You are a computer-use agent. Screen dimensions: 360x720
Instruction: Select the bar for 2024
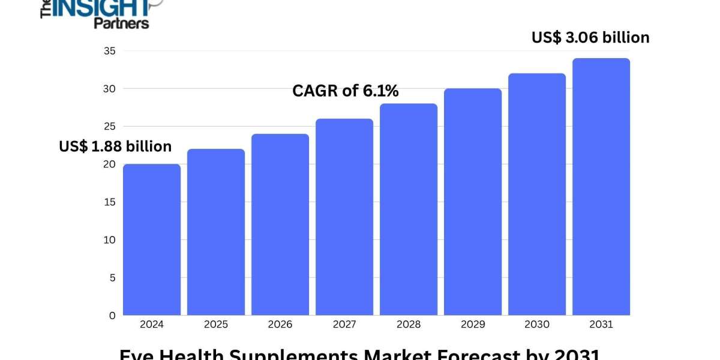tap(152, 239)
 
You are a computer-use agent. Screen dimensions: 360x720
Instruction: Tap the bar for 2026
tap(280, 224)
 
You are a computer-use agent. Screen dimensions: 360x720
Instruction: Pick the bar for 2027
tap(344, 217)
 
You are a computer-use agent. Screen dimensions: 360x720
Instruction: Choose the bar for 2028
tap(409, 209)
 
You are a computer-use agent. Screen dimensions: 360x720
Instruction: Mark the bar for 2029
tap(473, 202)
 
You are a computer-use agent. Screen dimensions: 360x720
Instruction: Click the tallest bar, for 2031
tap(601, 187)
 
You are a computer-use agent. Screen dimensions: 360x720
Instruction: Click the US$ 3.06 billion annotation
tap(590, 38)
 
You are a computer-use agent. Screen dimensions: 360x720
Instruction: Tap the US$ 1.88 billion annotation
tap(115, 146)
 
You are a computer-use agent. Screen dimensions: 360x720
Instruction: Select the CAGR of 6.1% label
tap(346, 91)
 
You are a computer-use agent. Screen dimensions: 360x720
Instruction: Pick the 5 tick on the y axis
tap(112, 278)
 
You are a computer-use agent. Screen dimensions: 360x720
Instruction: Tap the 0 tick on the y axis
tap(112, 316)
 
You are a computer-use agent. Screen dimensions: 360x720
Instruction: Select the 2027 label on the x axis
tap(344, 325)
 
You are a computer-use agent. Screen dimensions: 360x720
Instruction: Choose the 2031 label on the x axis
tap(601, 325)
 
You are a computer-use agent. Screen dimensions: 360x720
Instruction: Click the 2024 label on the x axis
tap(152, 325)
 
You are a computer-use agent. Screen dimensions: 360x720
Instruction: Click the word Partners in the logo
tap(121, 23)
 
